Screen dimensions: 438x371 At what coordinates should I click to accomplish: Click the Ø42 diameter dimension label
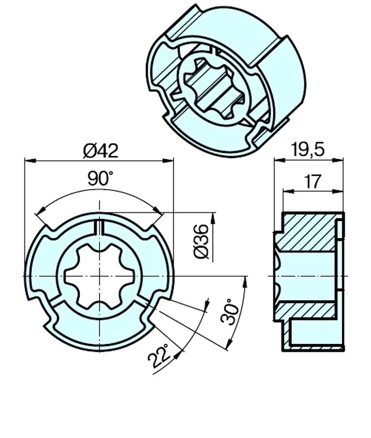pyautogui.click(x=101, y=150)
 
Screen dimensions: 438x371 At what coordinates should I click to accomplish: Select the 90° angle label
pyautogui.click(x=101, y=178)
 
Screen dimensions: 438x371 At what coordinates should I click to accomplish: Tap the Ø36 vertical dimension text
pyautogui.click(x=201, y=241)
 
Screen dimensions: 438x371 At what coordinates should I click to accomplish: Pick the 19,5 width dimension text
pyautogui.click(x=308, y=149)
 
